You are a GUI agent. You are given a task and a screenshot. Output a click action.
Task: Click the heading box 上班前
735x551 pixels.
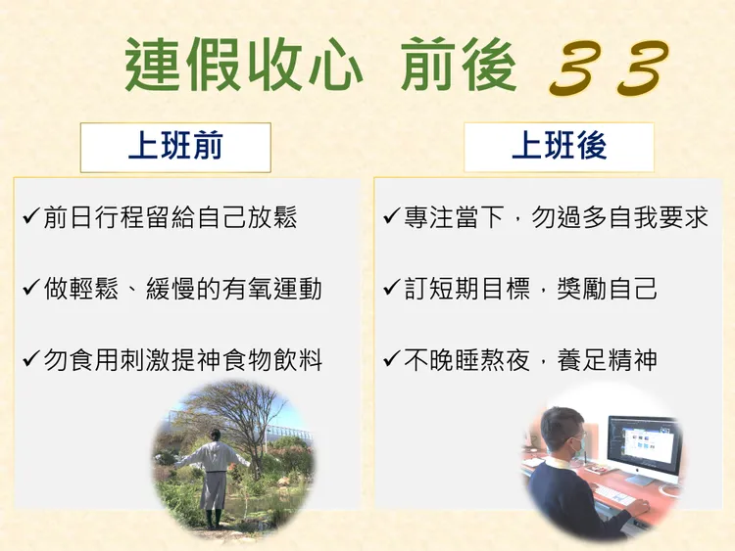click(x=175, y=147)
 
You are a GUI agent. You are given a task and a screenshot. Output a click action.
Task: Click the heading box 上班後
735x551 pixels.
click(x=559, y=147)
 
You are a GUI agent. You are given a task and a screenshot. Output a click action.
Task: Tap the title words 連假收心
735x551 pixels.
click(x=244, y=67)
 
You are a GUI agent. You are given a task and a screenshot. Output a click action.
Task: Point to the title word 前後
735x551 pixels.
click(x=459, y=67)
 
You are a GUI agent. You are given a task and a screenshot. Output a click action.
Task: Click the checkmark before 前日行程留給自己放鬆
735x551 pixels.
click(x=30, y=216)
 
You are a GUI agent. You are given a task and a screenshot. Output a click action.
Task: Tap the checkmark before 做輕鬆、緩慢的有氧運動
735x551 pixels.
click(x=30, y=289)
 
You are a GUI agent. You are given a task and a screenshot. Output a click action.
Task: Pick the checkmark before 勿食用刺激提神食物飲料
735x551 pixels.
click(x=30, y=360)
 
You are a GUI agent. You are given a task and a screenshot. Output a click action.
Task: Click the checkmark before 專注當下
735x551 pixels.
click(x=391, y=216)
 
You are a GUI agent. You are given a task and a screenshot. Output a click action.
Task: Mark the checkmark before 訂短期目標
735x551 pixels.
click(x=391, y=289)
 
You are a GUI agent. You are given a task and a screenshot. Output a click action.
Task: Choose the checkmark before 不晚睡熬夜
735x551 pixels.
click(x=391, y=360)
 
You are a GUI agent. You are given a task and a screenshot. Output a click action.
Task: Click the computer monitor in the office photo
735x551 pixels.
click(x=642, y=445)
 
